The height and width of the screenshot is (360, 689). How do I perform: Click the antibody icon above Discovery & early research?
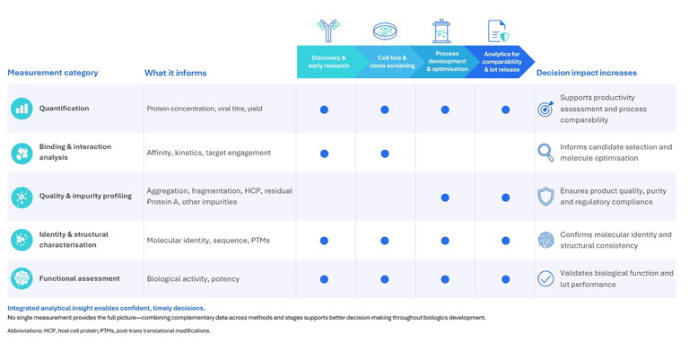[328, 31]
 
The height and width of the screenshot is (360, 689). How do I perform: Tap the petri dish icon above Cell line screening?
[385, 31]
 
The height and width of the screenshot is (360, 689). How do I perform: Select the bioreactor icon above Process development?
[441, 31]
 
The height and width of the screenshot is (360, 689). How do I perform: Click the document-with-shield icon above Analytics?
[499, 31]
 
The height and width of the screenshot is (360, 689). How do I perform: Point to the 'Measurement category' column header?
[53, 73]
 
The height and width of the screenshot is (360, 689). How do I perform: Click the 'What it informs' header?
[175, 73]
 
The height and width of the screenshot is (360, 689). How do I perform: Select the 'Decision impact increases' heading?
[586, 73]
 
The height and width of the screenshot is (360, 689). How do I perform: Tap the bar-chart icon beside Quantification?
[22, 109]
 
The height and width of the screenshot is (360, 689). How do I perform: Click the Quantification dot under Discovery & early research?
[324, 110]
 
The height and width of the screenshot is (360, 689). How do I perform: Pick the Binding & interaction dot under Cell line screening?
[385, 154]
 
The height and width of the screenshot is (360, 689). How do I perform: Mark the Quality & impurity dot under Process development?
[445, 198]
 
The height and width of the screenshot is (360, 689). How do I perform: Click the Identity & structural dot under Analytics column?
[506, 241]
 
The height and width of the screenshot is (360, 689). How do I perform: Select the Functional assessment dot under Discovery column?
[324, 279]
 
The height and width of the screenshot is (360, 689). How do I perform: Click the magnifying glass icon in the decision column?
[545, 153]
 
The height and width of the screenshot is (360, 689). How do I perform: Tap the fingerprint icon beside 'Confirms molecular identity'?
[545, 240]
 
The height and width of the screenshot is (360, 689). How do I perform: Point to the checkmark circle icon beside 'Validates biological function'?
[545, 278]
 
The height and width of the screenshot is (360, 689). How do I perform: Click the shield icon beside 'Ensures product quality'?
[545, 197]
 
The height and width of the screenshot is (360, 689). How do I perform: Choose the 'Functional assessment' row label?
[79, 278]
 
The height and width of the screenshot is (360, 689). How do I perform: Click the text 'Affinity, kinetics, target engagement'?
[209, 153]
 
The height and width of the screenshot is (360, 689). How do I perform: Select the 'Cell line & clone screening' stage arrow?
[388, 62]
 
